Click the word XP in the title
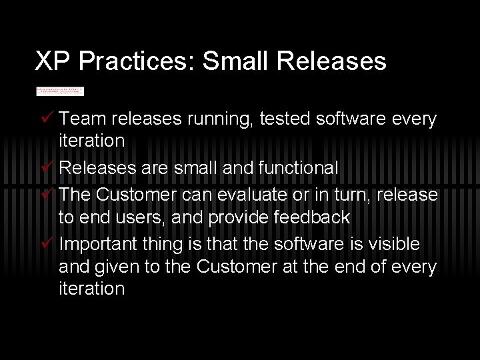coord(53,61)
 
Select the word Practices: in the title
coord(136,61)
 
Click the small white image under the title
coord(60,91)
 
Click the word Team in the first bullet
coord(83,119)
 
